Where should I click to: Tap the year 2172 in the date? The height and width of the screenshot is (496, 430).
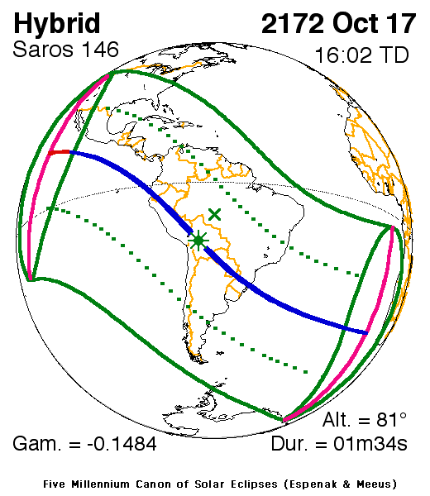(294, 24)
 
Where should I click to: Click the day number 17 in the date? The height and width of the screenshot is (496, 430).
(401, 24)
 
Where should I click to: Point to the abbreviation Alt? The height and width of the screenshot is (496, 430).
(337, 419)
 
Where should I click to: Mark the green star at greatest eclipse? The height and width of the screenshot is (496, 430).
(198, 241)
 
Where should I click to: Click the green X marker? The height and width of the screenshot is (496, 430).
(215, 214)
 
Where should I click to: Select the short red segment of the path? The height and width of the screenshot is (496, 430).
(57, 153)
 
